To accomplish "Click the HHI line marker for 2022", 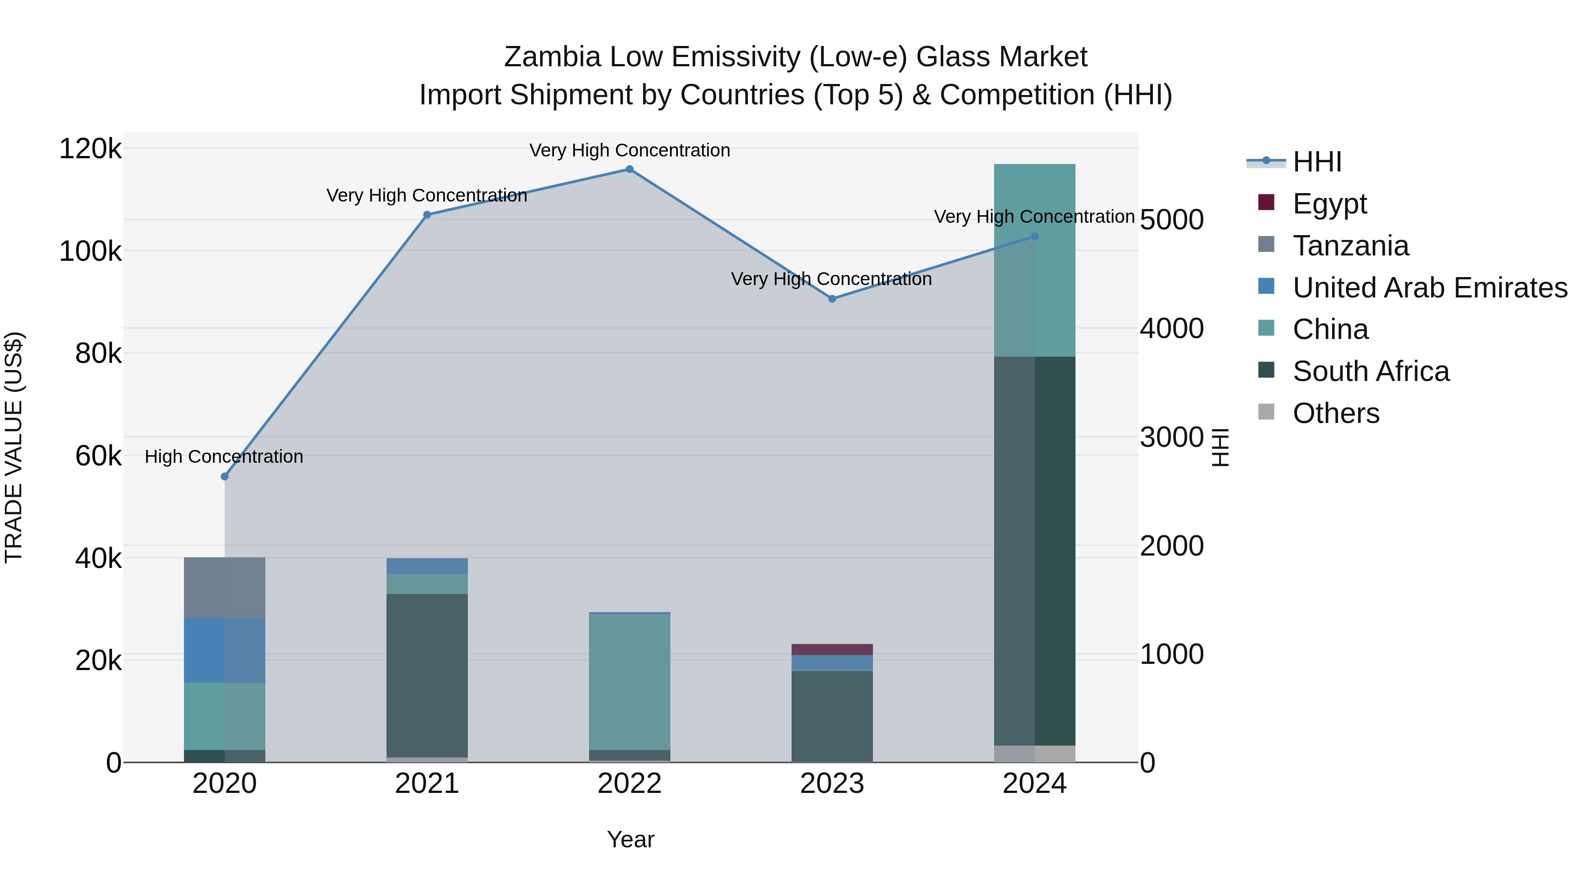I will [x=629, y=169].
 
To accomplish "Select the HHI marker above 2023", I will [x=832, y=299].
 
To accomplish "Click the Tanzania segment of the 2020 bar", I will [x=224, y=587].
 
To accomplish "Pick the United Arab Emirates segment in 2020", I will [x=224, y=651].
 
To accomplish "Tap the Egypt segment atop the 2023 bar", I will [x=832, y=650].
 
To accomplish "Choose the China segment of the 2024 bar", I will [x=1034, y=260].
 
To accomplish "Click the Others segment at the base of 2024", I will [x=1034, y=754].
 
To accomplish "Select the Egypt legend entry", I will [x=1329, y=204].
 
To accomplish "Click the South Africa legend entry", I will [x=1370, y=372].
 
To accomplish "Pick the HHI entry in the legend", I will [x=1316, y=162].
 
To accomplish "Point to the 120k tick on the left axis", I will [x=90, y=149].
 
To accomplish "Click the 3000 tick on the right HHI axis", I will [x=1171, y=437].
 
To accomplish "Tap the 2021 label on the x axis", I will [x=427, y=784].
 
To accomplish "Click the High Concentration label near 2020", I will [x=224, y=457].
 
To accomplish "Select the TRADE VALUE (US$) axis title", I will [x=14, y=447].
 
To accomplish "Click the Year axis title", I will [x=630, y=839].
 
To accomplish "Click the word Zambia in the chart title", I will [x=552, y=57].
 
